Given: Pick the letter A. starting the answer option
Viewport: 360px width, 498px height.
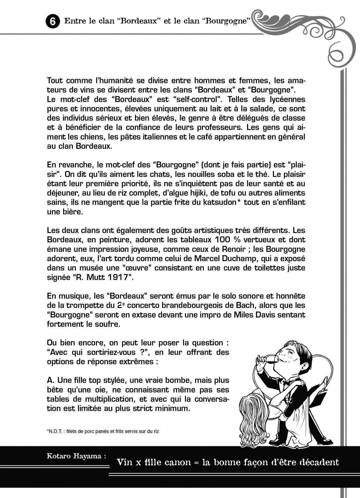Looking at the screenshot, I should tap(51, 380).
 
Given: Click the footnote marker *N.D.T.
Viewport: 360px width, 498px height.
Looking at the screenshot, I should tap(54, 431).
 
